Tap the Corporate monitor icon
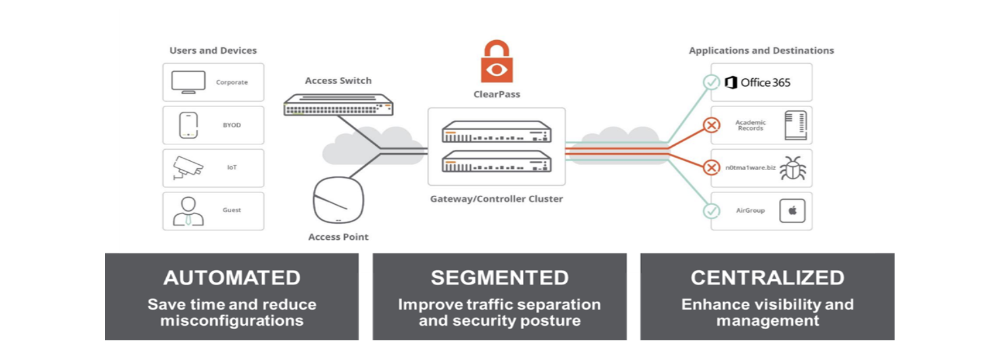coord(188,82)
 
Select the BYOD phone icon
coord(188,125)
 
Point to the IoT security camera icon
coord(187,168)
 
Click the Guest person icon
coord(188,211)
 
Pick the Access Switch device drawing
coord(338,104)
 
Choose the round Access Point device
coord(338,200)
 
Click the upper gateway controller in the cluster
coord(497,131)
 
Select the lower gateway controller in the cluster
coord(497,161)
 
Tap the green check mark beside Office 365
coord(711,82)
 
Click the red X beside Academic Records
coord(711,125)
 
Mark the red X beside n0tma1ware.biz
coord(711,168)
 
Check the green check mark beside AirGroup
coord(711,211)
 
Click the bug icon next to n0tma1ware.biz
coord(793,168)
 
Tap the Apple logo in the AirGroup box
coord(792,210)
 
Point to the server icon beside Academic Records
coord(795,125)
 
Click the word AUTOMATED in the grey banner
coord(232,278)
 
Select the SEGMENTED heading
coord(500,278)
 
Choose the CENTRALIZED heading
coord(767,278)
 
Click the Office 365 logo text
coord(757,82)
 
